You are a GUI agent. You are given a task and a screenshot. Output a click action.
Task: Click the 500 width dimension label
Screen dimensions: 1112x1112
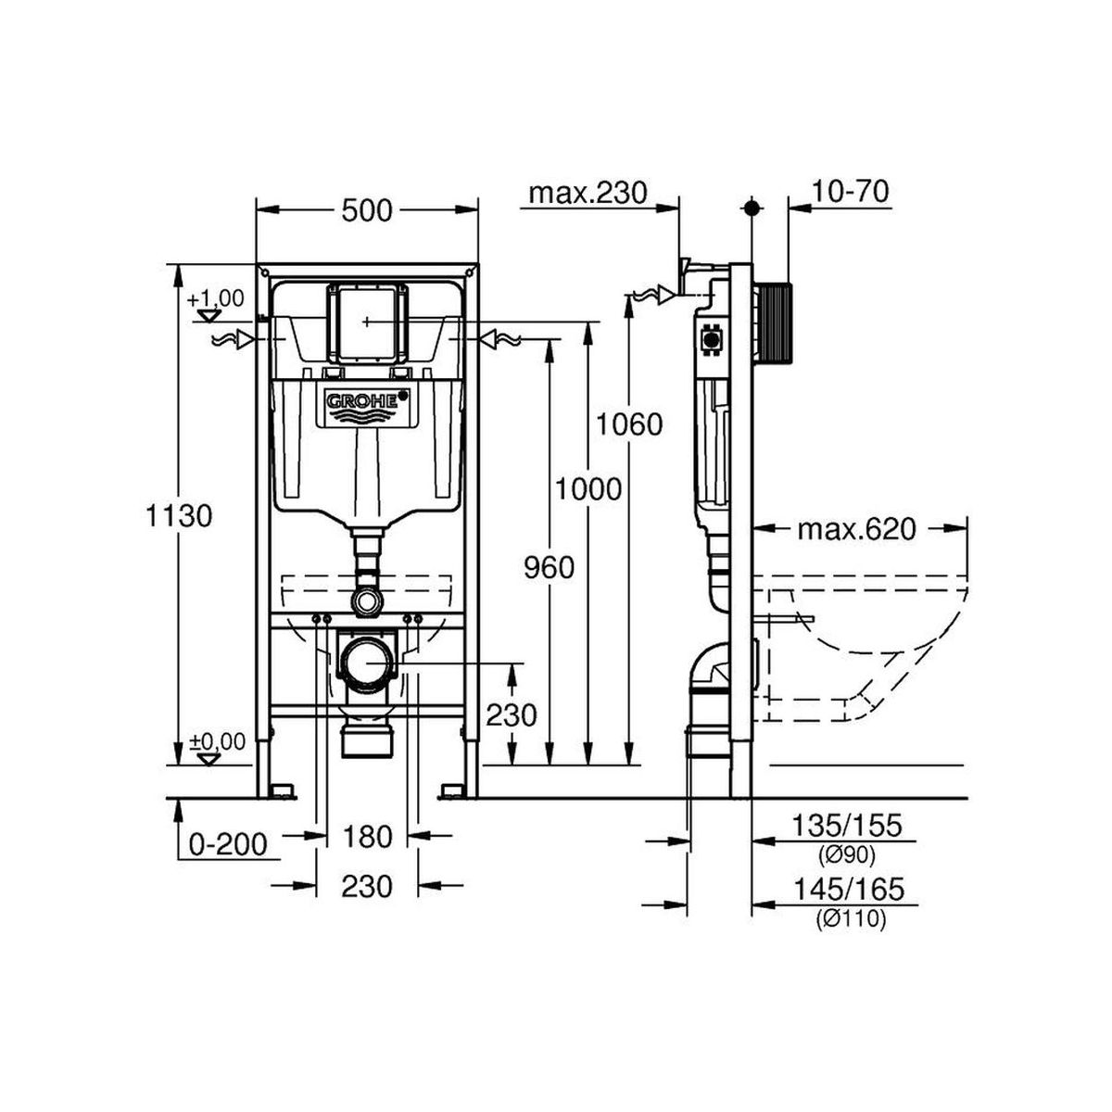tap(366, 210)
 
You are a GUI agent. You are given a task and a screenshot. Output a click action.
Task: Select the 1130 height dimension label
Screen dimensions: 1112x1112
tap(178, 515)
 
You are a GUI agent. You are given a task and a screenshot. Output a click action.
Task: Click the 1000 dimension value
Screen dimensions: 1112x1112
tap(588, 490)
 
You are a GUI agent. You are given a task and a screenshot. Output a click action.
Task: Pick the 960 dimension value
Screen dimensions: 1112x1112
tap(550, 568)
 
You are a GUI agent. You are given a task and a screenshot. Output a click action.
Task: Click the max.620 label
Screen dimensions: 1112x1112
tap(856, 529)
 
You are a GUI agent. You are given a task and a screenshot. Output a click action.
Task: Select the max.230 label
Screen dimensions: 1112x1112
tap(588, 194)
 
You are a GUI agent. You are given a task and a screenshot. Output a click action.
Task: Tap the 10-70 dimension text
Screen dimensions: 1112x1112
tap(851, 192)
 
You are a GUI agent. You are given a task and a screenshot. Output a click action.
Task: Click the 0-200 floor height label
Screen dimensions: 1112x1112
tap(229, 846)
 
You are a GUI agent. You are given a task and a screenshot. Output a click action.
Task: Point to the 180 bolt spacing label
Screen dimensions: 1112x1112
tap(366, 837)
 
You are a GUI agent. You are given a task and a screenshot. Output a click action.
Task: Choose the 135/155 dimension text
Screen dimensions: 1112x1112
tap(846, 826)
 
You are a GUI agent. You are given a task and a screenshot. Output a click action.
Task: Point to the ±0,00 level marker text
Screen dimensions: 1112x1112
tap(218, 741)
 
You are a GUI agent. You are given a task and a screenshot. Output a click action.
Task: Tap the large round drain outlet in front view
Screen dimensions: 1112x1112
tap(367, 663)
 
